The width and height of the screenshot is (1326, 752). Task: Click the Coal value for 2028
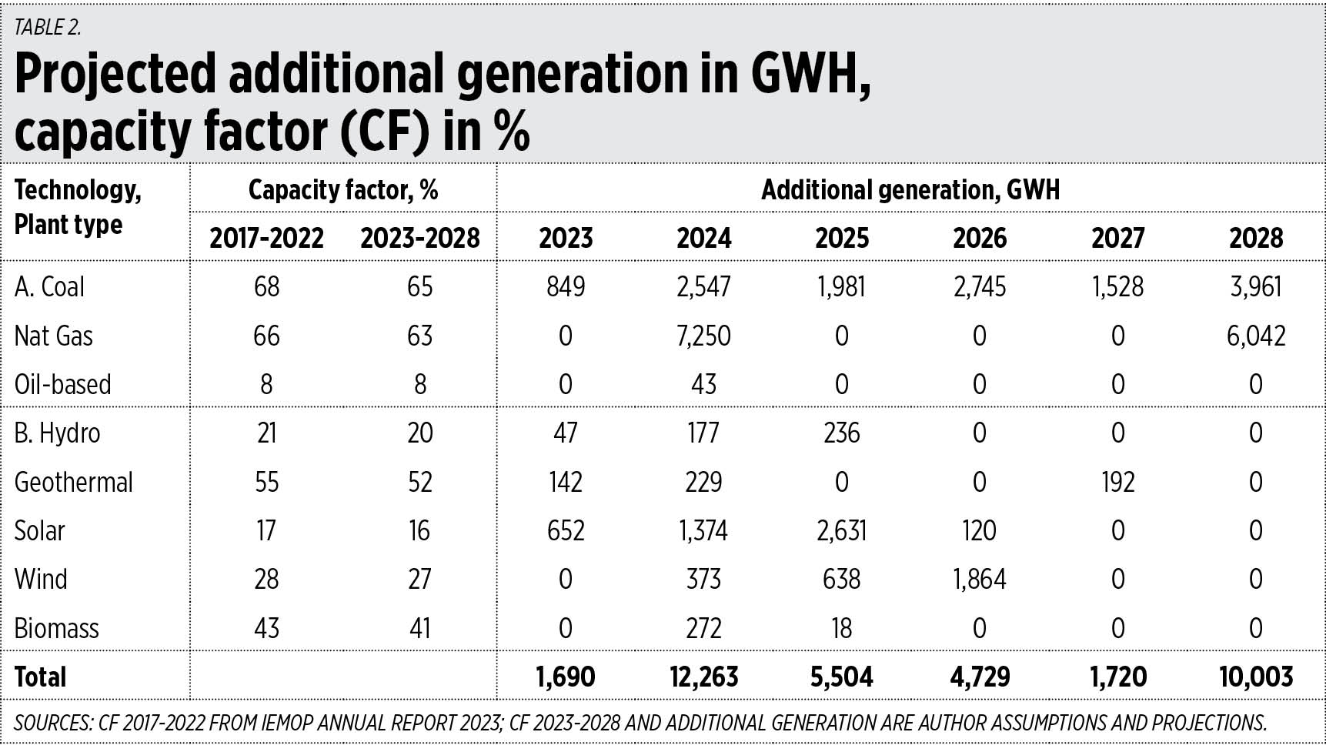1255,287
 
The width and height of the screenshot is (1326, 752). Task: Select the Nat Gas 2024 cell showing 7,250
703,336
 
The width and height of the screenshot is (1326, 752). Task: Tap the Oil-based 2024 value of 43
703,385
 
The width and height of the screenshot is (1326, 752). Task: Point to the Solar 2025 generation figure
841,531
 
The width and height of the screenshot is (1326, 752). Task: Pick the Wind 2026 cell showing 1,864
979,580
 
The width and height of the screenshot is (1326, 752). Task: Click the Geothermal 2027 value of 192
1117,483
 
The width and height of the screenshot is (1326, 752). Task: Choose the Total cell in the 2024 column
703,677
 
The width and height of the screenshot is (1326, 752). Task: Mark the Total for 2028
1255,677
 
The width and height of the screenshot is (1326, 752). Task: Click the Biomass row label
57,629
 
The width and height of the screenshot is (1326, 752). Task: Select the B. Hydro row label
58,433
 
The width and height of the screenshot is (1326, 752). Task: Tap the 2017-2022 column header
266,238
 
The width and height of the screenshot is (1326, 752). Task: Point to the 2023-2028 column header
420,238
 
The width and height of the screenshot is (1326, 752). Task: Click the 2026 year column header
979,238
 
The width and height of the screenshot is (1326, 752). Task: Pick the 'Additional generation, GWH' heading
910,190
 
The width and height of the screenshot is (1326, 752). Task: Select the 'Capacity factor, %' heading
343,190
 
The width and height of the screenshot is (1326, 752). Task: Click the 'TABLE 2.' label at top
48,28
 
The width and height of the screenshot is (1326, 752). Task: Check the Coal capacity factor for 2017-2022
266,287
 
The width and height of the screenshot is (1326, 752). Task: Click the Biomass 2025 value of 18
841,629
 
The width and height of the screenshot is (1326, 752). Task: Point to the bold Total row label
41,677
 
